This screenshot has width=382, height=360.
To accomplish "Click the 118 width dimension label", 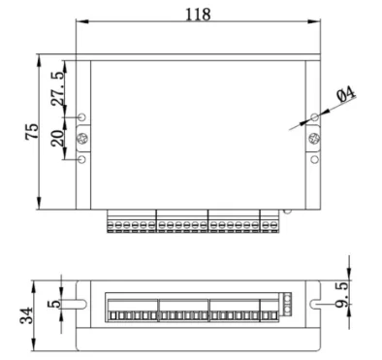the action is pos(198,15).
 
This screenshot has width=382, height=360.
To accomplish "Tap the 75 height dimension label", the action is pos(32,131).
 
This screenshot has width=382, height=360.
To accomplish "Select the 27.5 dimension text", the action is pos(58,89).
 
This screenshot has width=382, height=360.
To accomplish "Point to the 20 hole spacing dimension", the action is pos(57,138).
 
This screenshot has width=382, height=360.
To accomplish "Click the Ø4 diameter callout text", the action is pos(345,95).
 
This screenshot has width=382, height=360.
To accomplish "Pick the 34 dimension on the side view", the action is pos(26,315).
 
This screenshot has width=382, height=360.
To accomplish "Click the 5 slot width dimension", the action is pos(54,304).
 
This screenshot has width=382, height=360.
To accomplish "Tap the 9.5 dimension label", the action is pos(341,294).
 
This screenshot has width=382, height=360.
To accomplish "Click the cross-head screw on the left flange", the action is pos(82,139).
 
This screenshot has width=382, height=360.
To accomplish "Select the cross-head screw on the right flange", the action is pos(314,139).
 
